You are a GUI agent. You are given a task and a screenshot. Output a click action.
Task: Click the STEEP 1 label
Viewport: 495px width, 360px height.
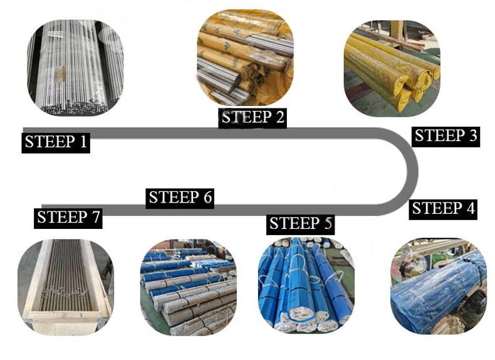tap(56, 142)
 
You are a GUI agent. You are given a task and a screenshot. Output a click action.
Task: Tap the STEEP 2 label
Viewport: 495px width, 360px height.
tap(253, 117)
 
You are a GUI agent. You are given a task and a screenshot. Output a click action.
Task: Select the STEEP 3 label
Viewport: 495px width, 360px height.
tap(445, 136)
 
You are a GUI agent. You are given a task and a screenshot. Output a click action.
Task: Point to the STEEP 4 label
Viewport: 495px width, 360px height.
tap(444, 209)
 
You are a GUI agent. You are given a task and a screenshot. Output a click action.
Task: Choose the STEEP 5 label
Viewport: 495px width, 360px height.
tap(301, 223)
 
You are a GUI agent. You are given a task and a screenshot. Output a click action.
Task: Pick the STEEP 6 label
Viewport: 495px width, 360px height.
tap(180, 198)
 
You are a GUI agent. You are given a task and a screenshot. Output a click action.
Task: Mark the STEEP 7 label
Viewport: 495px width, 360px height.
tap(68, 218)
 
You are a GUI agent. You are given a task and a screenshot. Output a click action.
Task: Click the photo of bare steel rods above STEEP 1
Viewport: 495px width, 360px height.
tap(75, 67)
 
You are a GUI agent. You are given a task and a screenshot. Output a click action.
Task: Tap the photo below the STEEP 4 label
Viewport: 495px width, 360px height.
tap(438, 285)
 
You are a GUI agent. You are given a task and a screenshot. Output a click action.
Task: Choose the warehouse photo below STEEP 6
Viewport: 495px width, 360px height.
tap(188, 285)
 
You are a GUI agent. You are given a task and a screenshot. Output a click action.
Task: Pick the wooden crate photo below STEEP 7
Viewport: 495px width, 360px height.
tap(65, 285)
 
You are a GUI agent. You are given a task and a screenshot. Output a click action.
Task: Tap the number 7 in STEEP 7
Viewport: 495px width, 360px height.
tap(95, 218)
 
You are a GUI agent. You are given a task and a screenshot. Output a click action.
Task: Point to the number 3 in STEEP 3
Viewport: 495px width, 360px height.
tap(472, 136)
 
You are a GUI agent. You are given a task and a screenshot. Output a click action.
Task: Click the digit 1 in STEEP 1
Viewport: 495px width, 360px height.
tap(83, 142)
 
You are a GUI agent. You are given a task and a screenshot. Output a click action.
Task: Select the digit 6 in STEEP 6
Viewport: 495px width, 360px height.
tap(207, 198)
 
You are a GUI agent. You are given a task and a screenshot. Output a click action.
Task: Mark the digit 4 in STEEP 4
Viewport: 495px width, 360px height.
tap(470, 209)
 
